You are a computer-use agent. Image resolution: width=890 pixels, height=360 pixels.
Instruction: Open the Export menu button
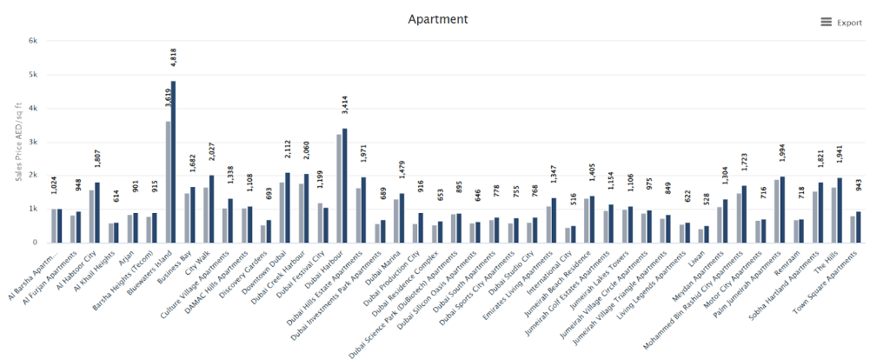tap(841, 23)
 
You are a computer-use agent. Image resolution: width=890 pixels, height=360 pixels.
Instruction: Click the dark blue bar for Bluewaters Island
tap(173, 162)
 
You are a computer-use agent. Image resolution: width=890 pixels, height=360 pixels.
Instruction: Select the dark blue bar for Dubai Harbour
tap(344, 185)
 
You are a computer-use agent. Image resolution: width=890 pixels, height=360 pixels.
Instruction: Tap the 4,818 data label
tap(173, 63)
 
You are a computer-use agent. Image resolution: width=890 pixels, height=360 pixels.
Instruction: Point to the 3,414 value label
tap(344, 110)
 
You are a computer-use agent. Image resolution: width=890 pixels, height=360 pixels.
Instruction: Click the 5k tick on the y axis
tap(32, 75)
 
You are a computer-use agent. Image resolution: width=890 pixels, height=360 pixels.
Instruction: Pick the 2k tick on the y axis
tap(32, 176)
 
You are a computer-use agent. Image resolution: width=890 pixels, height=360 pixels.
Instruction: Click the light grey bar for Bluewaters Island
tap(168, 182)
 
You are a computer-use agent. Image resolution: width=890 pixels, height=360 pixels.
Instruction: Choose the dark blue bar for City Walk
tap(211, 209)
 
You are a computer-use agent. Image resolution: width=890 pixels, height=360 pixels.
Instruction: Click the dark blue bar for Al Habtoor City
tap(97, 212)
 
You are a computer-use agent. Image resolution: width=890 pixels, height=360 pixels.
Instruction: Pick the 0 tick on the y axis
tap(35, 243)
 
